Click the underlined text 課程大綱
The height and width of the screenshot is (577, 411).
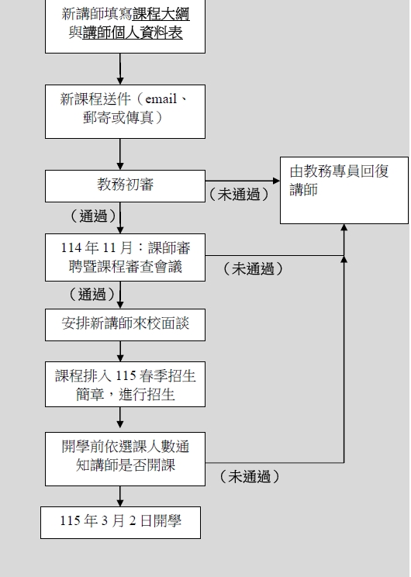(161, 14)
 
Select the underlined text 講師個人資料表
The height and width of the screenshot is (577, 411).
(133, 33)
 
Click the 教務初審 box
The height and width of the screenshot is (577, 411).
(125, 186)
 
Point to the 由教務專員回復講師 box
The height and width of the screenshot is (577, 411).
(344, 190)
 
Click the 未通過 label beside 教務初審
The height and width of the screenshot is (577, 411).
(239, 195)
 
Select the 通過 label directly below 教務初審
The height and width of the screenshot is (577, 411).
(94, 216)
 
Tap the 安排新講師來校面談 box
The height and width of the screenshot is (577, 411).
(125, 325)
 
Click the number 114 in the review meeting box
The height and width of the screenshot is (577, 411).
(71, 247)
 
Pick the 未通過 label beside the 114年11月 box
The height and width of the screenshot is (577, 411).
(253, 268)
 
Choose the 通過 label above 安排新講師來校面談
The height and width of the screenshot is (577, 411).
(92, 295)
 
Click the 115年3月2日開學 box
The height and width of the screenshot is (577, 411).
(120, 523)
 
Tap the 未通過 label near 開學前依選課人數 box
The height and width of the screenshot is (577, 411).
(250, 476)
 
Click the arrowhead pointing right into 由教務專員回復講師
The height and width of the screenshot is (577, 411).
(276, 181)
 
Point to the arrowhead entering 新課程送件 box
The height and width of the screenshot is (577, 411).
(120, 81)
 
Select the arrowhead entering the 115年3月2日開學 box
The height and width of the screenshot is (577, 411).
(120, 503)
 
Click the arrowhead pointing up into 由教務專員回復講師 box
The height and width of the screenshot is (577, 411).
(344, 227)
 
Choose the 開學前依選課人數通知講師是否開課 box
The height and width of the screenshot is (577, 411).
(125, 459)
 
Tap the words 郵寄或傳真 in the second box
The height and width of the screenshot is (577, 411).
(118, 118)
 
